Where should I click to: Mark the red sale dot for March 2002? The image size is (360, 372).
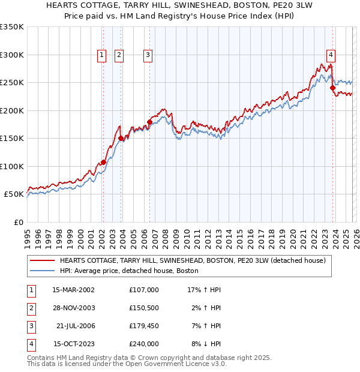[103, 162]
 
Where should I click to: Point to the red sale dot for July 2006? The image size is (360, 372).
[149, 122]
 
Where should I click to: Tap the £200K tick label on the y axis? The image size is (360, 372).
[12, 110]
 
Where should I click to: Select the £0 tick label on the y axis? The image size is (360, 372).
[18, 222]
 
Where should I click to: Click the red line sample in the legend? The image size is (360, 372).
[42, 261]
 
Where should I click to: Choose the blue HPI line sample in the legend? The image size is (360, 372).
[42, 271]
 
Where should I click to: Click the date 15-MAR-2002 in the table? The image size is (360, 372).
[73, 290]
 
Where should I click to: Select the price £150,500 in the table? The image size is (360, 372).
[143, 308]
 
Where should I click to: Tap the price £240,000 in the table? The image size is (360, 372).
[143, 344]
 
